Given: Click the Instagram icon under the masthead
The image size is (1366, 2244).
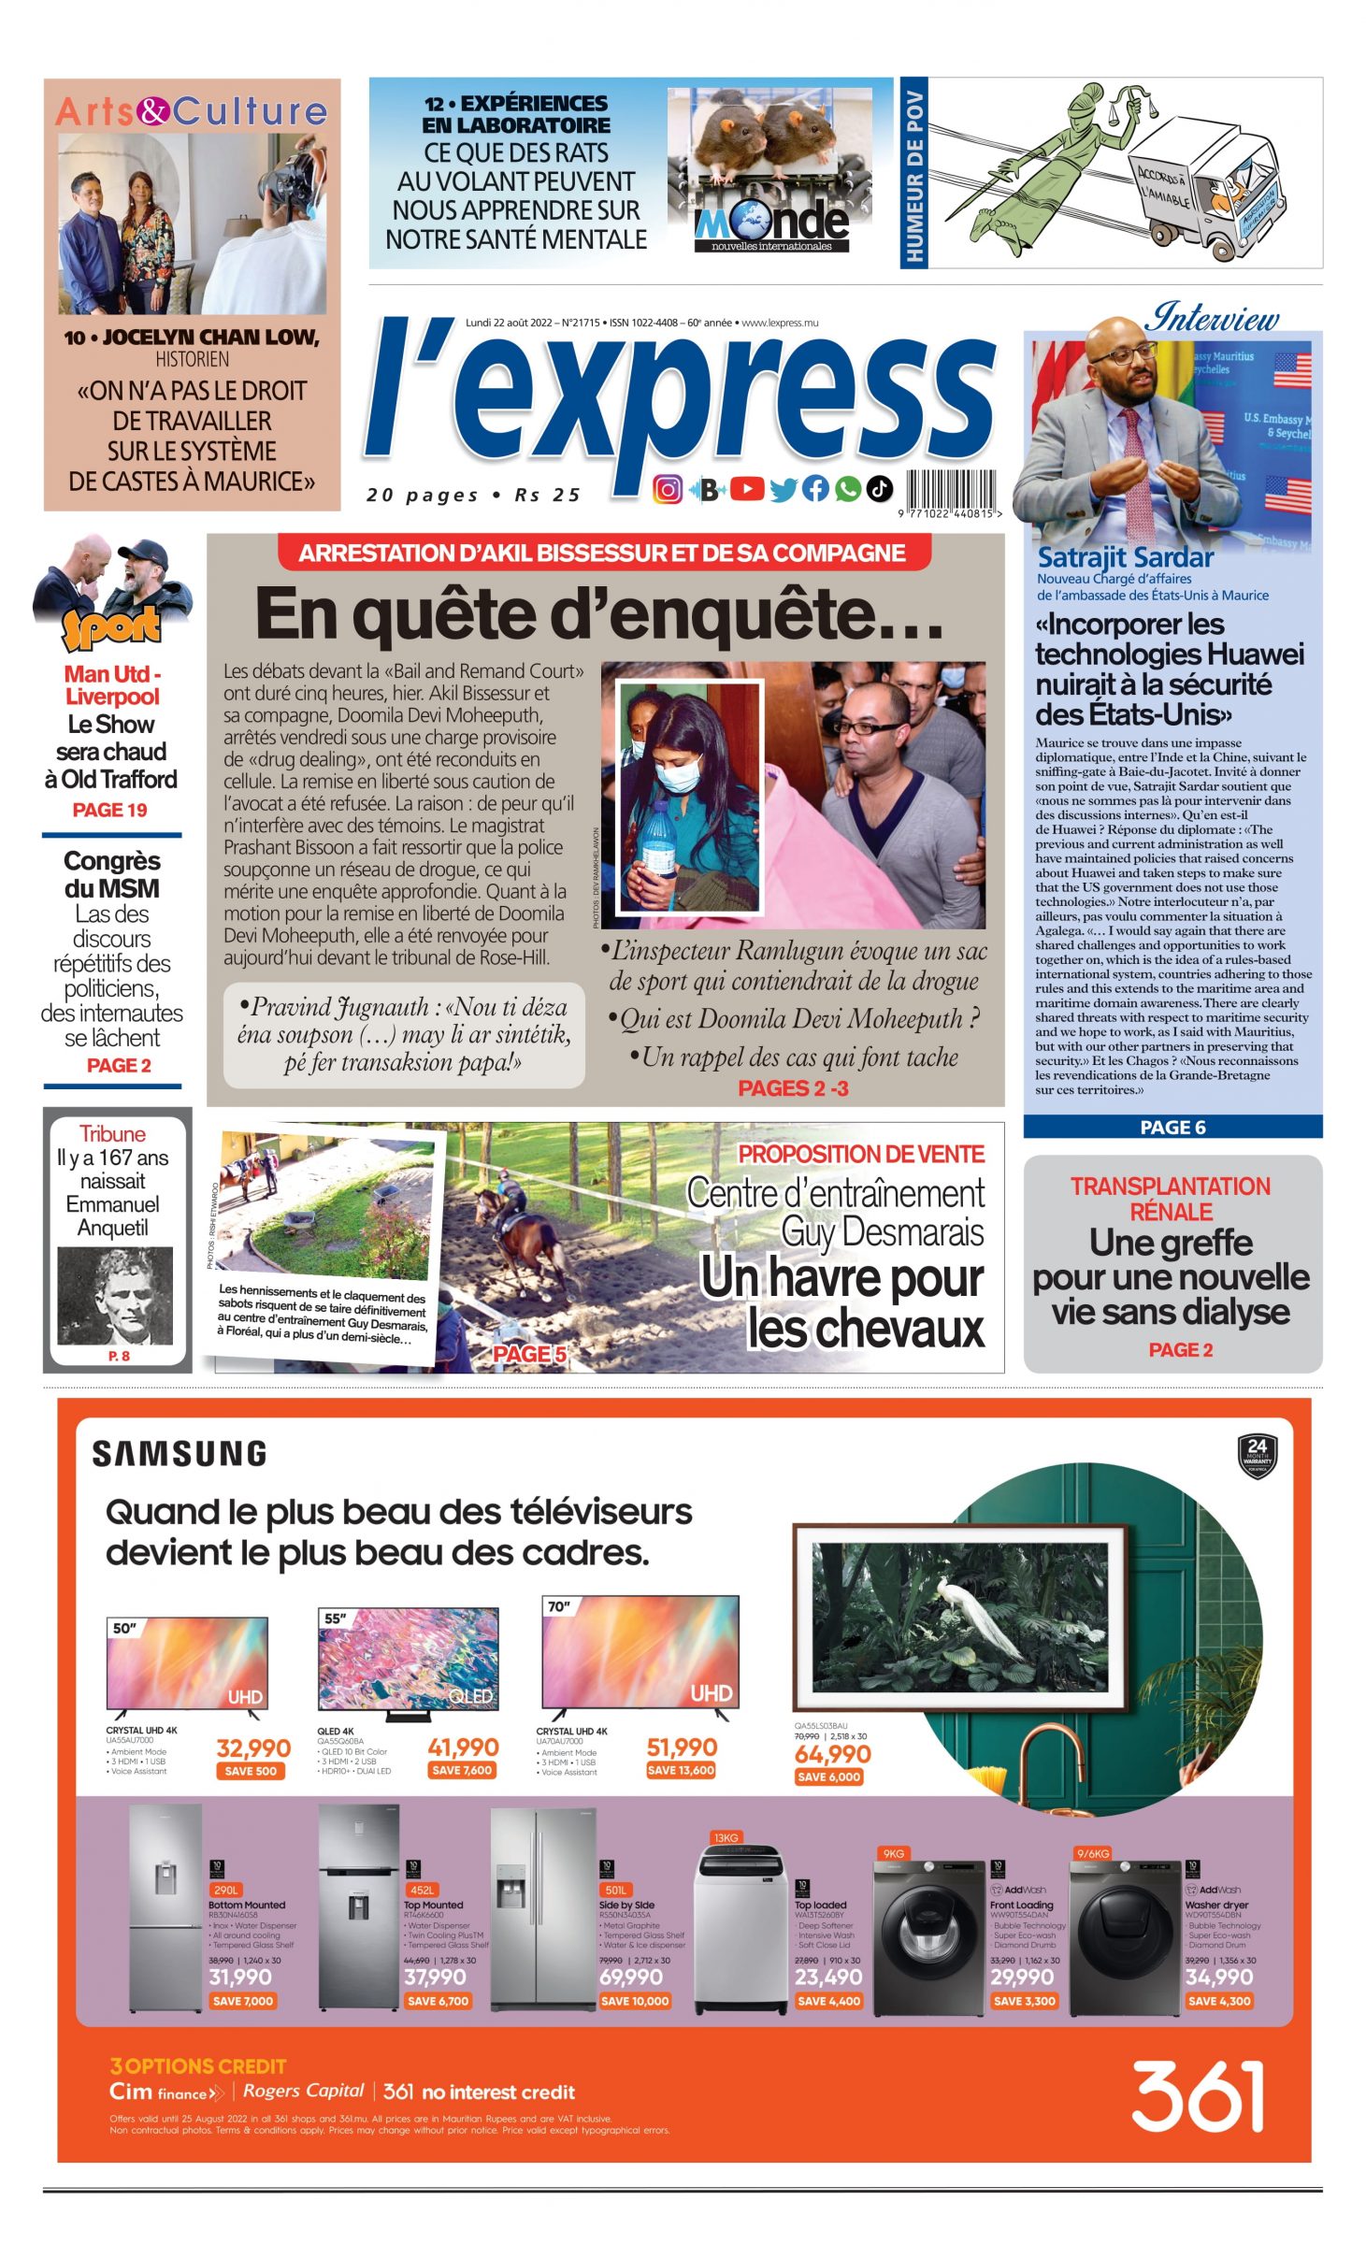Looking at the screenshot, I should tap(667, 489).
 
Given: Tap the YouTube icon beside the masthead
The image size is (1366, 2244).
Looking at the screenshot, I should tap(747, 488).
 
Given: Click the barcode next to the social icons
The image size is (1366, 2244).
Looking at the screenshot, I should tap(949, 490).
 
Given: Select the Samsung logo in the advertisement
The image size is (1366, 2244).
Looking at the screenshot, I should tap(180, 1453).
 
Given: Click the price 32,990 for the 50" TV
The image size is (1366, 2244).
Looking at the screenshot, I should tap(253, 1748).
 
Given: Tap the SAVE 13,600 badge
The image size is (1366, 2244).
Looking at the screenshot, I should tap(681, 1770).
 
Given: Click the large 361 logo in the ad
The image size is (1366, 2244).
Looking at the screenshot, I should tap(1198, 2096).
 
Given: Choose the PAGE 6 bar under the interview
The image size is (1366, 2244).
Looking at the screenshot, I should tap(1172, 1127).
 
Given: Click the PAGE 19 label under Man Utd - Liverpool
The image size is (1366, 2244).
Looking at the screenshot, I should tap(110, 810).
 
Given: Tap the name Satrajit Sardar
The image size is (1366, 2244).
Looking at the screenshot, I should tap(1126, 558).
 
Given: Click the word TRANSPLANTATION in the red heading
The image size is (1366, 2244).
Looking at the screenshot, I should tap(1170, 1187).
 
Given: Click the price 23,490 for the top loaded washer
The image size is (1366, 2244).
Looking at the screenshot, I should tap(828, 1977).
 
